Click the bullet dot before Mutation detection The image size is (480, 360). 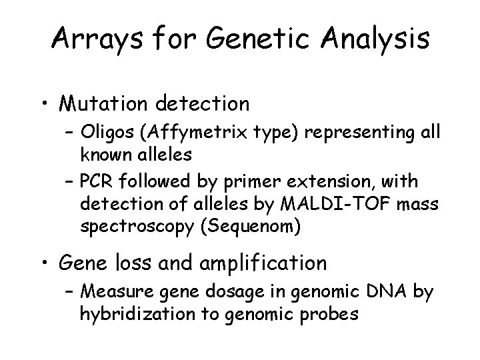pyautogui.click(x=44, y=105)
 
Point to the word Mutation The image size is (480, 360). pyautogui.click(x=105, y=104)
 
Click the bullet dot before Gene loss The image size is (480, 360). pyautogui.click(x=44, y=263)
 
